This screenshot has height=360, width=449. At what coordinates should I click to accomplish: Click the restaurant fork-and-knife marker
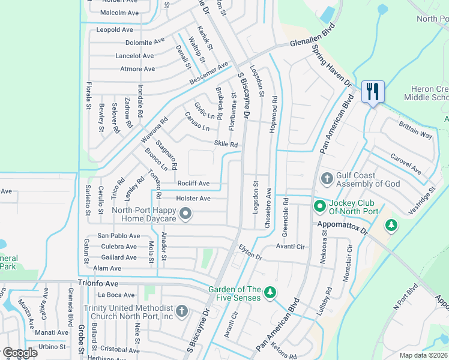pos(373,92)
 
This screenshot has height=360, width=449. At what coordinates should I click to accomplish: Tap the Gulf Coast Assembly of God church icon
pos(327,178)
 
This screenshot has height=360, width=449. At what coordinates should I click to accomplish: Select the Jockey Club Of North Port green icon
pos(320,206)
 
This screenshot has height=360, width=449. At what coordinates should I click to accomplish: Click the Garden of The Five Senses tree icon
pos(271,292)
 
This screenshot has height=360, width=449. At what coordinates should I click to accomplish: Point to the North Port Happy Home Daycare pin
pos(185,213)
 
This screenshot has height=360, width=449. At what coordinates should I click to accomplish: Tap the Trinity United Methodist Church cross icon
pos(182,311)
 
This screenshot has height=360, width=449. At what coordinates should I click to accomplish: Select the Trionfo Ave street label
pos(98,282)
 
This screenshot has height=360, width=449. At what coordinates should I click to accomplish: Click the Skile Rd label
pos(226,144)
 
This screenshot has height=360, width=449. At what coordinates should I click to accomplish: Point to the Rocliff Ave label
pos(193,183)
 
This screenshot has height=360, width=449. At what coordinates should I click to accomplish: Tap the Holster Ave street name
pos(193,198)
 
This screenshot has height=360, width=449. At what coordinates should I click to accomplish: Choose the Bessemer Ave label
pos(209,73)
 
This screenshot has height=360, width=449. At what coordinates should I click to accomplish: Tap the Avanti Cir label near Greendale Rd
pos(291,246)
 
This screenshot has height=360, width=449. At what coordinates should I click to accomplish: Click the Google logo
pos(20,353)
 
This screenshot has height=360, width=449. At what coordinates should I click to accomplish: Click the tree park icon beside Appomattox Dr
pos(391,225)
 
